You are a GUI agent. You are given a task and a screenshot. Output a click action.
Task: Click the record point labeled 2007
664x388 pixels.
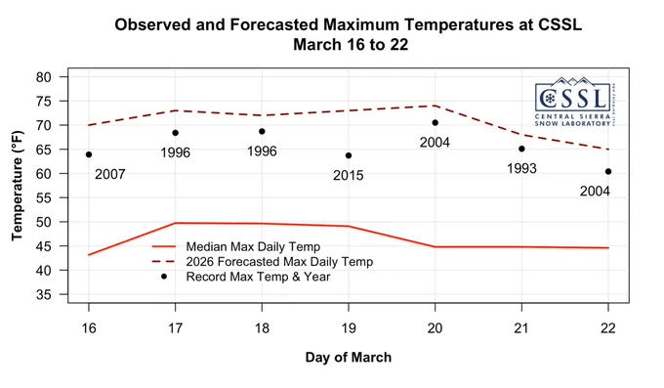[x=89, y=154]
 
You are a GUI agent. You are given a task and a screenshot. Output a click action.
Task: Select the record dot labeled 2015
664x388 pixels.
[x=349, y=155]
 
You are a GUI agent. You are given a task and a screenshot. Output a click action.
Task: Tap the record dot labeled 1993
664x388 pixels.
[x=521, y=149]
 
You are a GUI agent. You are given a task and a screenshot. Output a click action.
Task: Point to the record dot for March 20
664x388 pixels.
[x=435, y=122]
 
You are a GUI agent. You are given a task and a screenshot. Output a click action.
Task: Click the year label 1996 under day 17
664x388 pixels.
[x=176, y=152]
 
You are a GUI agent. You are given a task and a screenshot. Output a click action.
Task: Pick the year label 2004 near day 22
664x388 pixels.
[x=595, y=192]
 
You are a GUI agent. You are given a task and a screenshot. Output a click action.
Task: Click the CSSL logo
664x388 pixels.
[x=574, y=102]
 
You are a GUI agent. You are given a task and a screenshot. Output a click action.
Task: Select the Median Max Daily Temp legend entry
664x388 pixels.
[x=236, y=246]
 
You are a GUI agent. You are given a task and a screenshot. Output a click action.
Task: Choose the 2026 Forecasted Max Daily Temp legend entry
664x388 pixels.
[x=263, y=262]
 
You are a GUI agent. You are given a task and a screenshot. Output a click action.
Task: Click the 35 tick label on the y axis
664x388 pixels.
[x=44, y=294]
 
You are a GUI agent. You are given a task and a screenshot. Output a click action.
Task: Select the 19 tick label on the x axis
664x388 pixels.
[x=349, y=328]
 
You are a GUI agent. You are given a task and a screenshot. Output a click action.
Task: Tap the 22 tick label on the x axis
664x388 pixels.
[x=608, y=328]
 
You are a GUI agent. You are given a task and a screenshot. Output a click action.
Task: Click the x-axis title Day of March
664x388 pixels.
[x=349, y=357]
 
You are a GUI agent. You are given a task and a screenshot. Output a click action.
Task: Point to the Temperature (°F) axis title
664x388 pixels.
[x=17, y=186]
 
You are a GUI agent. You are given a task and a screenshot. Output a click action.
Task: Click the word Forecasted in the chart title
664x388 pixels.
[x=274, y=24]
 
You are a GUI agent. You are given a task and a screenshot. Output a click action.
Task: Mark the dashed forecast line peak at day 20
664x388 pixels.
[x=435, y=106]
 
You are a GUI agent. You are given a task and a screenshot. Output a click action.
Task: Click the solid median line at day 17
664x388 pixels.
[x=176, y=223]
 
